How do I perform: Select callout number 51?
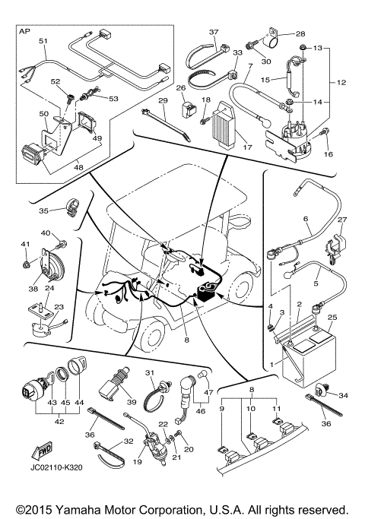coord(43,40)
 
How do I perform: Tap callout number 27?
coord(341,220)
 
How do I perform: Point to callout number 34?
coord(344,395)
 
